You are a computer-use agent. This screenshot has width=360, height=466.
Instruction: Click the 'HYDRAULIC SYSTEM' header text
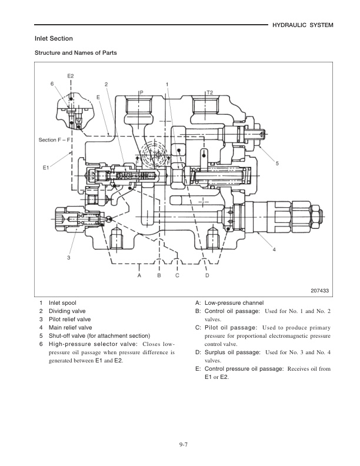(304, 25)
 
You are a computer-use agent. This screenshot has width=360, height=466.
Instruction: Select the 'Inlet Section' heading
(54, 39)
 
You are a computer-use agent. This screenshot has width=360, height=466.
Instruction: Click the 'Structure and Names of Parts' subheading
(75, 53)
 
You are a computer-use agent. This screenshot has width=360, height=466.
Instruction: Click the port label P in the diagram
(141, 92)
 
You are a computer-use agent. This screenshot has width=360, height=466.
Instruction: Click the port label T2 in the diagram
(209, 92)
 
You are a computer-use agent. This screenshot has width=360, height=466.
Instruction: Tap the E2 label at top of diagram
(71, 76)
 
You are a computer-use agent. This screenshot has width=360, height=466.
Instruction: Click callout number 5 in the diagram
(277, 163)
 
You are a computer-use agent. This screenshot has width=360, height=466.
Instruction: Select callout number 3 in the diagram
(68, 258)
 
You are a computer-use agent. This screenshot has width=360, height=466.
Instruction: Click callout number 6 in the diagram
(52, 84)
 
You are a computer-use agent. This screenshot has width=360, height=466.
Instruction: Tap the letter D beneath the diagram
(206, 275)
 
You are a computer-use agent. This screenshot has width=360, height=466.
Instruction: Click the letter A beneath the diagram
(139, 275)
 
